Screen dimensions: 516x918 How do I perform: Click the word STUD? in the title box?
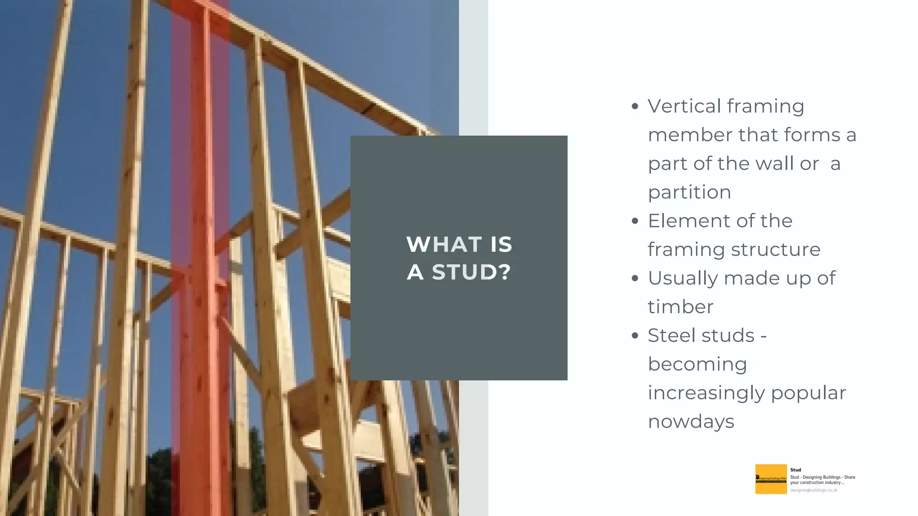tap(471, 272)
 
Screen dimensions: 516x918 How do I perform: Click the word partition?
tap(689, 193)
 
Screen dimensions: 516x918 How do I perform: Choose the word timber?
tap(680, 307)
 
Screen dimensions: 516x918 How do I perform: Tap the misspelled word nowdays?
tap(691, 421)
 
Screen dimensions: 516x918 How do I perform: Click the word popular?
tap(808, 393)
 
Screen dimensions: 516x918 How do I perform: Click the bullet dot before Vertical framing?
tap(634, 107)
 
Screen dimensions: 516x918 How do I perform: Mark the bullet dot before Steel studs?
tap(634, 336)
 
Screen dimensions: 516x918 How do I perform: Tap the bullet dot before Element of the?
tap(634, 221)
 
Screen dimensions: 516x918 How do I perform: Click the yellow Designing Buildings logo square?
tap(771, 479)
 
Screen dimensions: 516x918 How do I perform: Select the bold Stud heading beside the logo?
tap(796, 470)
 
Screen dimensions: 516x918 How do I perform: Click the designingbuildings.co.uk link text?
tap(814, 490)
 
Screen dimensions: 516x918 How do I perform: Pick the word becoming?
tap(697, 365)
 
